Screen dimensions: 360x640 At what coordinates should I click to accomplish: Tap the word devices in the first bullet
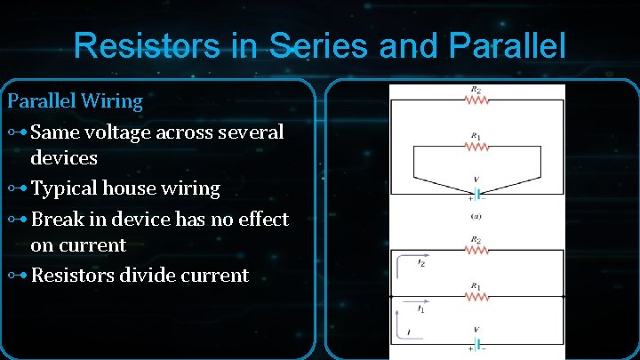64,159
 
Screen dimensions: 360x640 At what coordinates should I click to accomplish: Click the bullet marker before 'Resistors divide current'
17,275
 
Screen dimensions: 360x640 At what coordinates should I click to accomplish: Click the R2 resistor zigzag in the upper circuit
476,100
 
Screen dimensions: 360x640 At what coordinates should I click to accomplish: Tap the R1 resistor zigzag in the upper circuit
476,146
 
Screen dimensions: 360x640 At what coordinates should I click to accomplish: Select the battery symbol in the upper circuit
476,191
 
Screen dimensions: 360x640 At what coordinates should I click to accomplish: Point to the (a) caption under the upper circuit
476,216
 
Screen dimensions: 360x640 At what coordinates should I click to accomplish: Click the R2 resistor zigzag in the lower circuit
476,250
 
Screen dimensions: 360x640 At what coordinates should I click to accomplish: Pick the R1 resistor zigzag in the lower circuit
476,296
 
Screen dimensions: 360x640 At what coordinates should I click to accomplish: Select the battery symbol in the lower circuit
476,343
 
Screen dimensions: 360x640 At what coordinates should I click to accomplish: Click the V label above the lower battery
476,330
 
